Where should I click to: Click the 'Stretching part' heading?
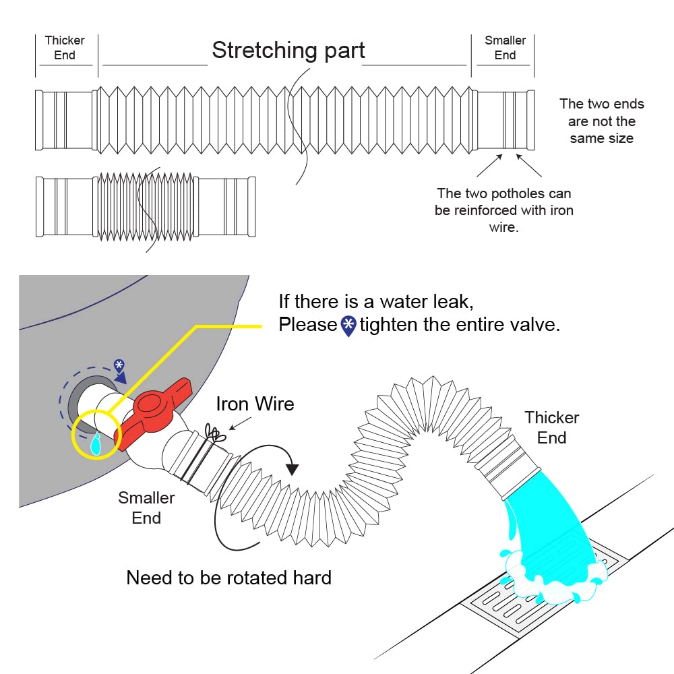click(x=288, y=50)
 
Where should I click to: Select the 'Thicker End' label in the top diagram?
click(x=65, y=48)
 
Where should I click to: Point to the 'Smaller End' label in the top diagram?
click(x=505, y=48)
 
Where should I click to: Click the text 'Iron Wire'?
click(x=255, y=404)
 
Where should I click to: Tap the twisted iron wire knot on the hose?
click(x=214, y=433)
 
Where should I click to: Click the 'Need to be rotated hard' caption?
click(x=228, y=578)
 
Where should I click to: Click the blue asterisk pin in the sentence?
click(x=348, y=326)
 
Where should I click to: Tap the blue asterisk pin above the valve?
click(x=119, y=367)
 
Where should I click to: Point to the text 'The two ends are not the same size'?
click(x=602, y=121)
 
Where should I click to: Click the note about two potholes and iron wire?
click(x=503, y=210)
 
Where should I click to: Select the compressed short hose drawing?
click(x=146, y=207)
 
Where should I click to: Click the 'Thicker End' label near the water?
click(x=551, y=427)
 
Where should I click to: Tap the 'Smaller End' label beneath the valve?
click(x=146, y=508)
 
